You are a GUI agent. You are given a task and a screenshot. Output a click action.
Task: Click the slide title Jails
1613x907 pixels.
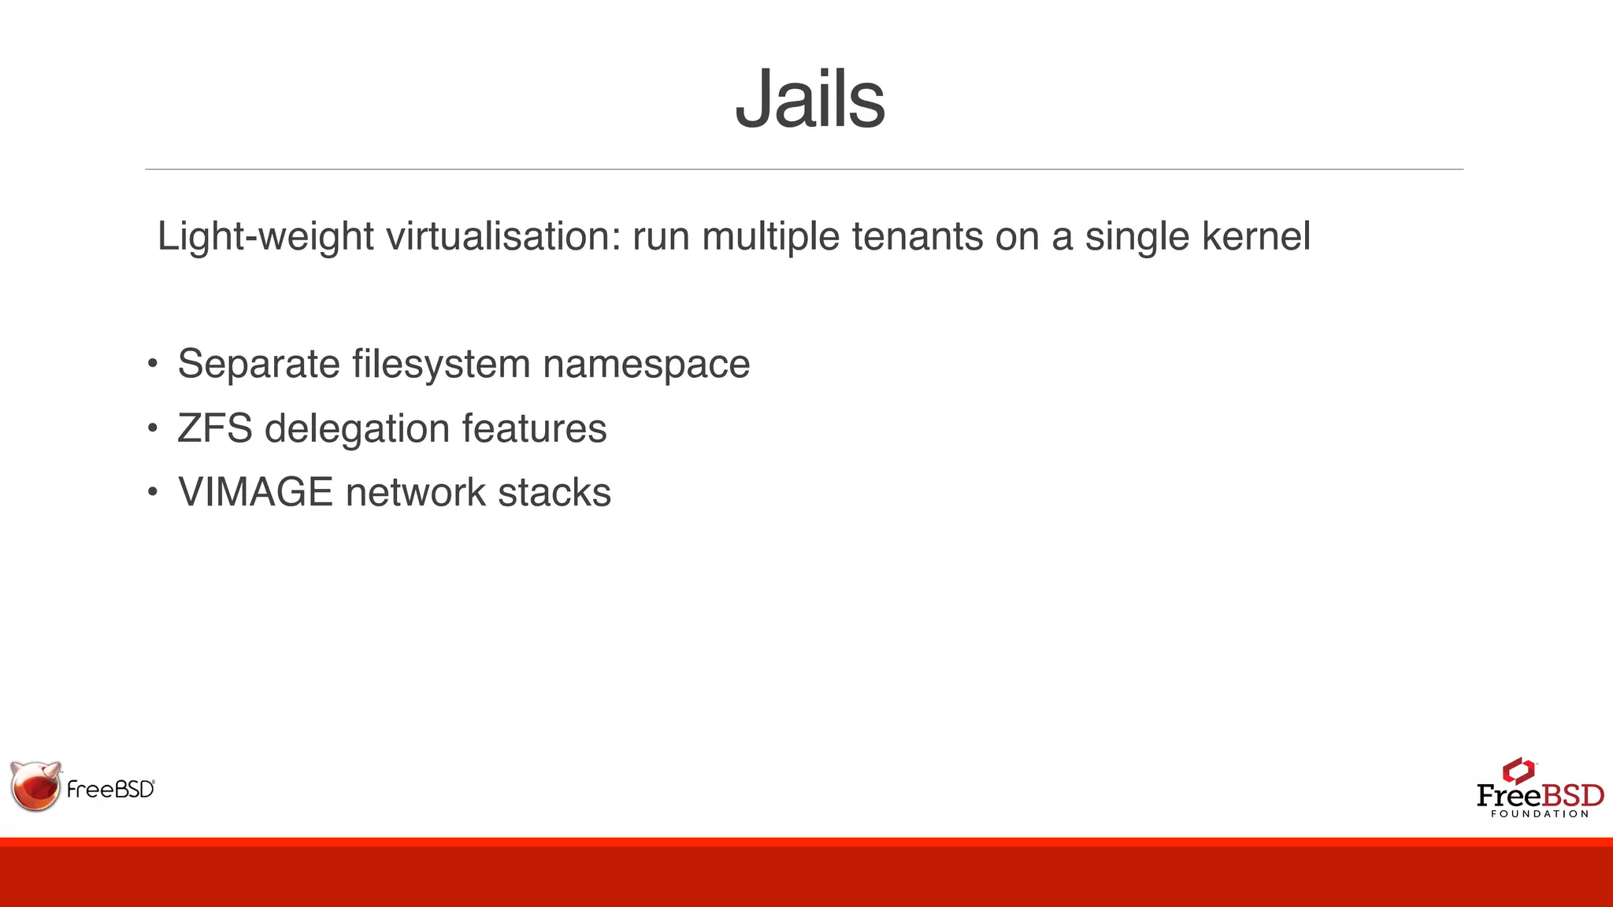(810, 99)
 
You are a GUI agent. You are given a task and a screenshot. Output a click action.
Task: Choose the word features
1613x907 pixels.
(534, 428)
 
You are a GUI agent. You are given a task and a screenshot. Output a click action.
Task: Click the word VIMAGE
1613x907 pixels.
(255, 492)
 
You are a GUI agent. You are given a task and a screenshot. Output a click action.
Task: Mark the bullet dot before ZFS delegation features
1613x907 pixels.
(152, 428)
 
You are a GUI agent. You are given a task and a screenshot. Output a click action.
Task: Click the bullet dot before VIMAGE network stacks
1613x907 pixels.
(152, 493)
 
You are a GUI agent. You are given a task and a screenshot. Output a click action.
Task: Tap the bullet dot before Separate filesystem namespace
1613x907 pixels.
(152, 364)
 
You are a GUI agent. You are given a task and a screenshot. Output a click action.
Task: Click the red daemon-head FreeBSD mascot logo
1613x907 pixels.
(36, 786)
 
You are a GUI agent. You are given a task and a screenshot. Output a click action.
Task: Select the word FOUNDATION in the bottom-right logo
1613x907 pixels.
(1540, 814)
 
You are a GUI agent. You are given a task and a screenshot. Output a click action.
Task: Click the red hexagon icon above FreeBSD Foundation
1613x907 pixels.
(1518, 771)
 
